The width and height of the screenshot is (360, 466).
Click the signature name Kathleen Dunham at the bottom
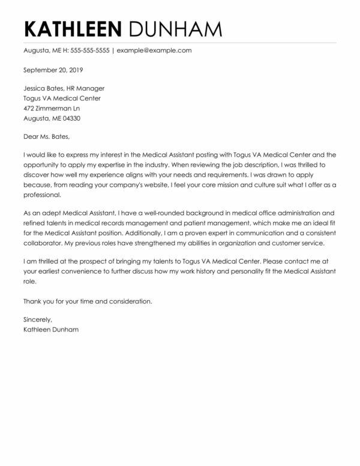52,330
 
